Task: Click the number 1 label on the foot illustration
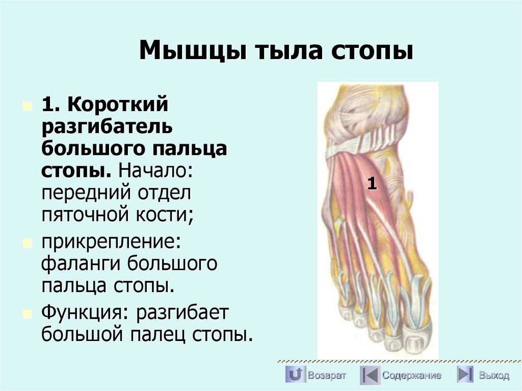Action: (x=372, y=184)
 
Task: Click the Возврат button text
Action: (x=327, y=376)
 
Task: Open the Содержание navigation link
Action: (x=411, y=376)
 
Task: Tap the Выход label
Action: (x=493, y=376)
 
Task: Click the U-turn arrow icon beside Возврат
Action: (x=295, y=375)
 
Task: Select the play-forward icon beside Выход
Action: (x=464, y=375)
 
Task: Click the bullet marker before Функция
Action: (x=27, y=312)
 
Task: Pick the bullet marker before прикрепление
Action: (x=27, y=242)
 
